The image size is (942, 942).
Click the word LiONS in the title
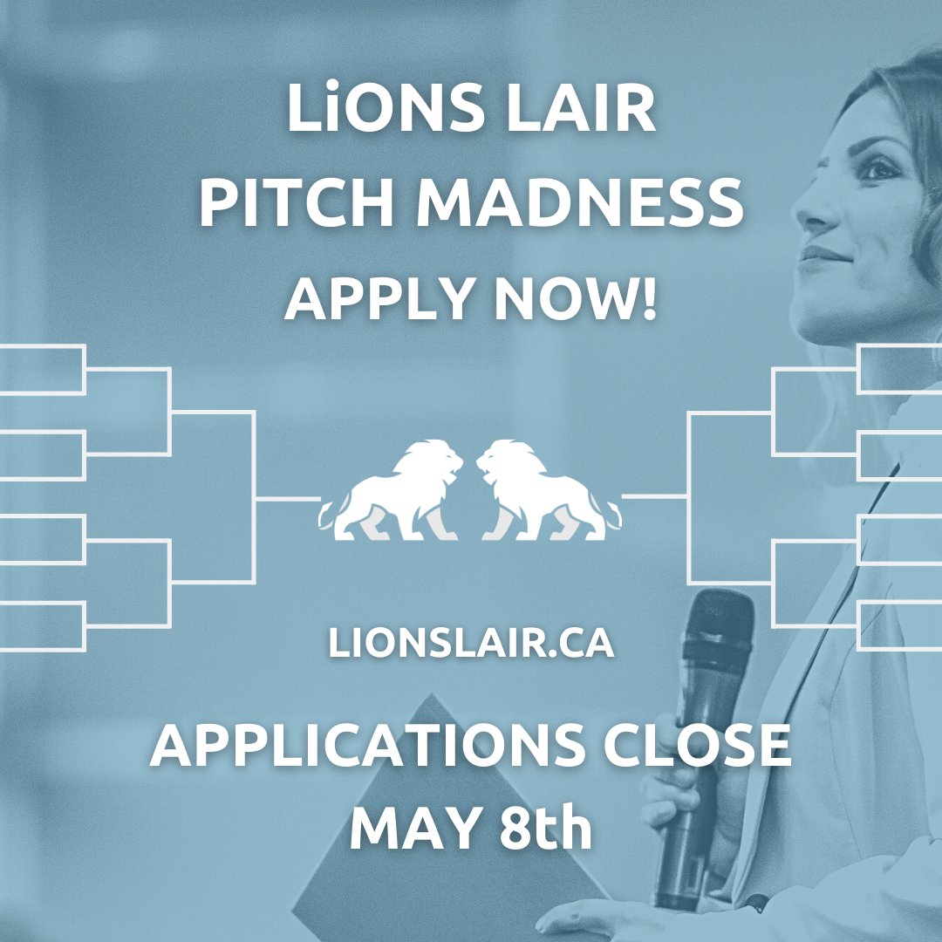376,112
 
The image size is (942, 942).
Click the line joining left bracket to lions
288,499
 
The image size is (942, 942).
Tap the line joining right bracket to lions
654,497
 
